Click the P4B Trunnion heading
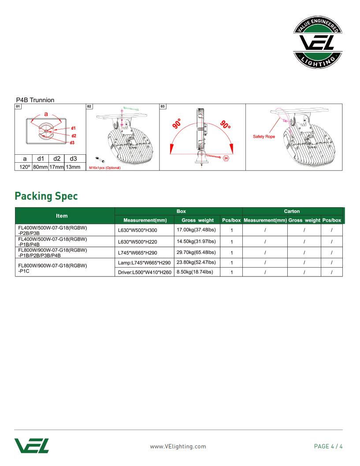35,100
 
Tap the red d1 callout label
74,128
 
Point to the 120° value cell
25,167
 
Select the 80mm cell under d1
41,167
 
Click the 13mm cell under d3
73,167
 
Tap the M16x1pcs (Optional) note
105,168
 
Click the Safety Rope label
264,137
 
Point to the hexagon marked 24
226,158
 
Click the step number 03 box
163,107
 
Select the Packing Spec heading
46,196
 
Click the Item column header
62,216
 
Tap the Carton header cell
292,211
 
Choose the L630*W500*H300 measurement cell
137,230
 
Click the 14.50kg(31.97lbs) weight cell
196,242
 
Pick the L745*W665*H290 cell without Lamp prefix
137,253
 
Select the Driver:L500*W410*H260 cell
145,272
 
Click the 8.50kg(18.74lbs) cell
195,272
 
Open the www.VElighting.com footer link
178,446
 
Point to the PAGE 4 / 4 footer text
328,446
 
